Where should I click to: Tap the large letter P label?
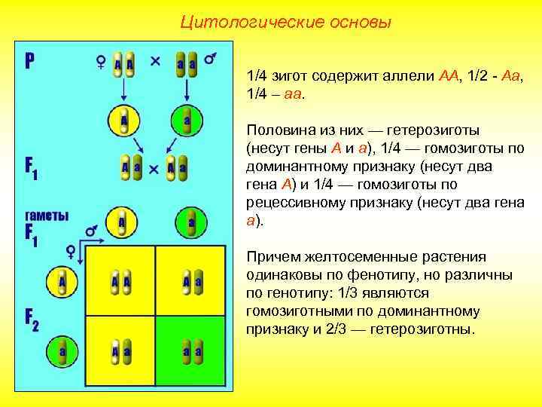(x=30, y=60)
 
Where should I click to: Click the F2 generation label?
(x=32, y=320)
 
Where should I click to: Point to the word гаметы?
(x=47, y=215)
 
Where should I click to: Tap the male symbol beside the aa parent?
(x=212, y=57)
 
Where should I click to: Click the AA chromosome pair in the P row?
(x=124, y=66)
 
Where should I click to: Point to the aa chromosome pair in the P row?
(x=186, y=66)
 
